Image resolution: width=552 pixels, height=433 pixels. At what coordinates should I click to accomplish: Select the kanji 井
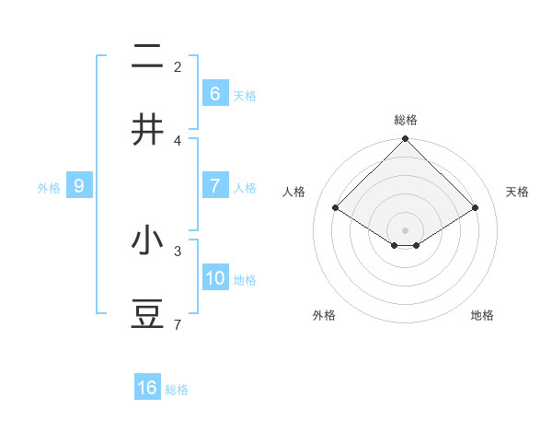(147, 130)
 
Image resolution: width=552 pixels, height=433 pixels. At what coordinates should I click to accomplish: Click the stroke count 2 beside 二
(178, 66)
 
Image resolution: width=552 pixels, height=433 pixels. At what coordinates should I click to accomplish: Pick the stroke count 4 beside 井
(178, 140)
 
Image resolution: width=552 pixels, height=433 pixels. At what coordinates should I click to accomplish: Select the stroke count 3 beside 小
(178, 250)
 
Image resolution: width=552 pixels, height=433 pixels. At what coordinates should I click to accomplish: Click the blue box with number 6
(214, 94)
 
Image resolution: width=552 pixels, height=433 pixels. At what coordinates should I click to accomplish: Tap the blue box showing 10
(215, 277)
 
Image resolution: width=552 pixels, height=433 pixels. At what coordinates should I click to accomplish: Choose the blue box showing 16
(147, 388)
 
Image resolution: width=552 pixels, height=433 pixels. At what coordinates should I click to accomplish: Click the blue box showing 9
(79, 186)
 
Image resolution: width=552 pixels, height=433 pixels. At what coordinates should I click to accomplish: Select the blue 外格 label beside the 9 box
(49, 188)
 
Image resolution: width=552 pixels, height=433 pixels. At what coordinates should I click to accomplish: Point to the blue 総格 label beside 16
(177, 390)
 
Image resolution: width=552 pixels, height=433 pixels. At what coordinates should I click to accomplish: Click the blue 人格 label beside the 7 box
(245, 188)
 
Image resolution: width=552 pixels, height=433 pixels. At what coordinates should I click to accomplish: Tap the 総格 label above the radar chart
(406, 120)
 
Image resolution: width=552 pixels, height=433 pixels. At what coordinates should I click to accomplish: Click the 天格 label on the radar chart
(518, 192)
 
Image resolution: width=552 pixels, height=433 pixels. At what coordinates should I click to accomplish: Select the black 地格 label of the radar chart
(482, 315)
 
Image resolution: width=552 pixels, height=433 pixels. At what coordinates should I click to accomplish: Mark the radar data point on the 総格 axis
(405, 141)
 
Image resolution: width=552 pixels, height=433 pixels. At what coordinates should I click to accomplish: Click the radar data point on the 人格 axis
(335, 207)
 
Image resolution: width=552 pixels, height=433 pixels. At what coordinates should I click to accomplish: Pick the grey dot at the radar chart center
(405, 229)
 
